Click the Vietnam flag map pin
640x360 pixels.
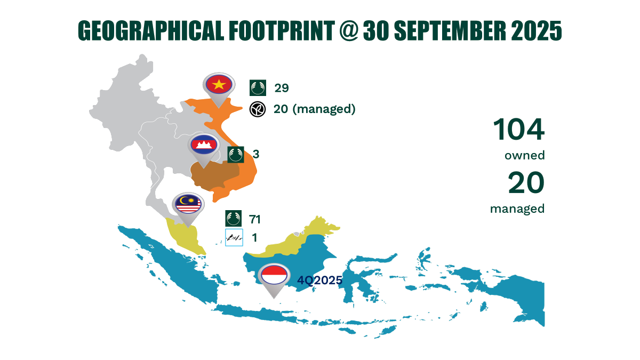point(218,86)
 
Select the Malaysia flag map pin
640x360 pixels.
point(188,204)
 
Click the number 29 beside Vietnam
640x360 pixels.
point(282,88)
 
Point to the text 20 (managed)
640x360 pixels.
point(314,109)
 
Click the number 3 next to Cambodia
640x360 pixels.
point(256,155)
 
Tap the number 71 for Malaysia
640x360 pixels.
point(254,219)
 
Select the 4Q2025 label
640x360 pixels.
point(319,279)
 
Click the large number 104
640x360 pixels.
point(518,130)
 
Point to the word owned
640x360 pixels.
point(524,156)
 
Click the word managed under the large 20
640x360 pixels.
point(517,209)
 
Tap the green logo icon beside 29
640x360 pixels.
point(258,88)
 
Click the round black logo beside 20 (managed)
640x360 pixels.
point(258,109)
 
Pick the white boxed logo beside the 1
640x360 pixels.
point(234,237)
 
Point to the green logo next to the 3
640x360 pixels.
point(236,155)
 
